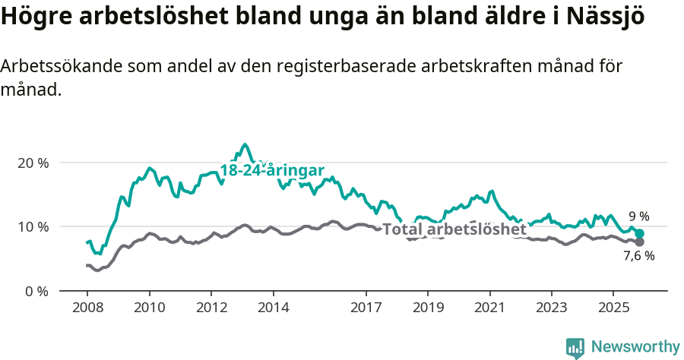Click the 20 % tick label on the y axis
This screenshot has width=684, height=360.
click(x=32, y=163)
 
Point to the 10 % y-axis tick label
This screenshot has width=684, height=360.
click(x=32, y=227)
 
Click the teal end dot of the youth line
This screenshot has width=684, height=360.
click(x=640, y=234)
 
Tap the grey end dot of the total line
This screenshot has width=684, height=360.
click(x=640, y=242)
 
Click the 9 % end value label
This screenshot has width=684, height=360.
click(x=638, y=216)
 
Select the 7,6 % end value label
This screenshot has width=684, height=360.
click(x=638, y=256)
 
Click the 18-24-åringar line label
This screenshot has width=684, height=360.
click(x=272, y=170)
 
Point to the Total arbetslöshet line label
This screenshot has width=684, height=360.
click(x=454, y=229)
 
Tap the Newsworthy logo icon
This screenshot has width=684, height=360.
click(x=575, y=348)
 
